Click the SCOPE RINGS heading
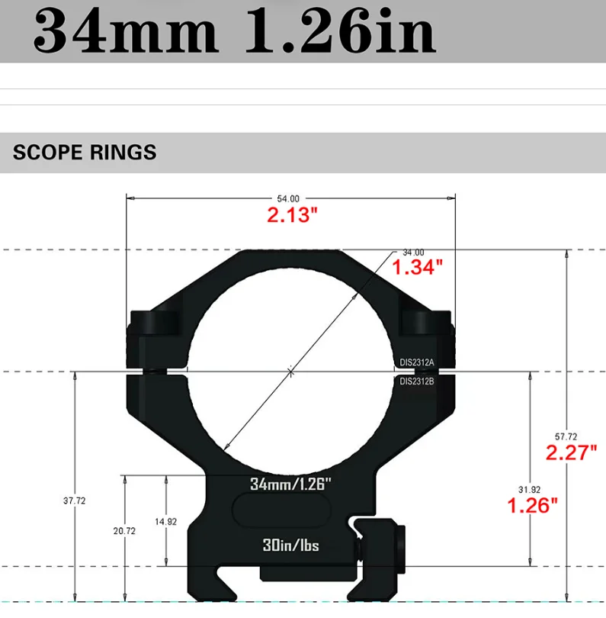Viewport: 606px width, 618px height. click(85, 152)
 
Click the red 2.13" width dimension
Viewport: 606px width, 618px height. click(291, 215)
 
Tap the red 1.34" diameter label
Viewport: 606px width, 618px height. click(417, 267)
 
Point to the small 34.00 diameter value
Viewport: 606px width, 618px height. click(413, 252)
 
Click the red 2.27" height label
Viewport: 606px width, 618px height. click(571, 452)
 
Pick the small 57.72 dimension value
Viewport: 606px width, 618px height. click(566, 436)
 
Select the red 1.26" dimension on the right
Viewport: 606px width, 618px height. click(533, 504)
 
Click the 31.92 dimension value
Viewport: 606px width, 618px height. click(529, 489)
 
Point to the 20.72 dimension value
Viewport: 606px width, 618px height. click(123, 529)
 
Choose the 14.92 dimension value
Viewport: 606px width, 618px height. click(165, 522)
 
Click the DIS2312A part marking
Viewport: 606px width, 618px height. click(417, 362)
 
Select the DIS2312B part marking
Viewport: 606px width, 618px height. click(417, 381)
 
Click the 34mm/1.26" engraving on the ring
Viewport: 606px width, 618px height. click(290, 483)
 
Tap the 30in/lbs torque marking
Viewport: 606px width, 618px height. click(290, 546)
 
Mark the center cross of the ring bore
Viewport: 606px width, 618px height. click(290, 372)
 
